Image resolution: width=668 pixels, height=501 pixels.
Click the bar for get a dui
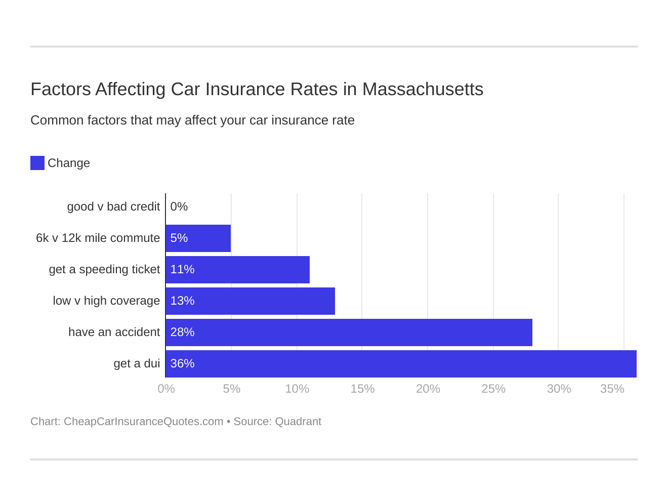pyautogui.click(x=401, y=363)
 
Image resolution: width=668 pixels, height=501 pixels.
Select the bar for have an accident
pyautogui.click(x=349, y=332)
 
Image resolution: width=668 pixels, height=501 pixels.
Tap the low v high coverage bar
pyautogui.click(x=251, y=301)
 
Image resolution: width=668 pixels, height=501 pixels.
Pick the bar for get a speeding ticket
pyautogui.click(x=238, y=269)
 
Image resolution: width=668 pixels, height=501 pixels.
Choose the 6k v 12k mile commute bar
pyautogui.click(x=198, y=238)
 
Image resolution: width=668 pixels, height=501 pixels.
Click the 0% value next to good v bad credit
pyautogui.click(x=179, y=206)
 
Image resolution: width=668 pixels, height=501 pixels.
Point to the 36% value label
pyautogui.click(x=182, y=363)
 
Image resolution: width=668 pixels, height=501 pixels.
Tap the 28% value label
pyautogui.click(x=182, y=332)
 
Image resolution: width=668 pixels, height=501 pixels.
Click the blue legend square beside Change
pyautogui.click(x=37, y=163)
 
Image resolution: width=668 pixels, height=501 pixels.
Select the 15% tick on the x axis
pyautogui.click(x=362, y=389)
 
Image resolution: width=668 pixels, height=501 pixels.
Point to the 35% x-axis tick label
pyautogui.click(x=612, y=389)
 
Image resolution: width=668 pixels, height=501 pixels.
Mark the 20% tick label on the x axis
pyautogui.click(x=428, y=389)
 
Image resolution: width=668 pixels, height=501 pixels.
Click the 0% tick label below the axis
pyautogui.click(x=166, y=389)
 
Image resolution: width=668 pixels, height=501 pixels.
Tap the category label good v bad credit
pyautogui.click(x=113, y=206)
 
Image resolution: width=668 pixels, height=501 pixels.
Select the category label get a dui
pyautogui.click(x=137, y=363)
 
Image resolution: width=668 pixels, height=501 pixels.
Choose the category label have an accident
pyautogui.click(x=114, y=332)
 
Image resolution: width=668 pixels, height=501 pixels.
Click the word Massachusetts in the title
pyautogui.click(x=423, y=89)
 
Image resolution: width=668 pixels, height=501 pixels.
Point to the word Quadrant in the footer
pyautogui.click(x=298, y=422)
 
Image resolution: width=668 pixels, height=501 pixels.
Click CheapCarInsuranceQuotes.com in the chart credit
pyautogui.click(x=143, y=422)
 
